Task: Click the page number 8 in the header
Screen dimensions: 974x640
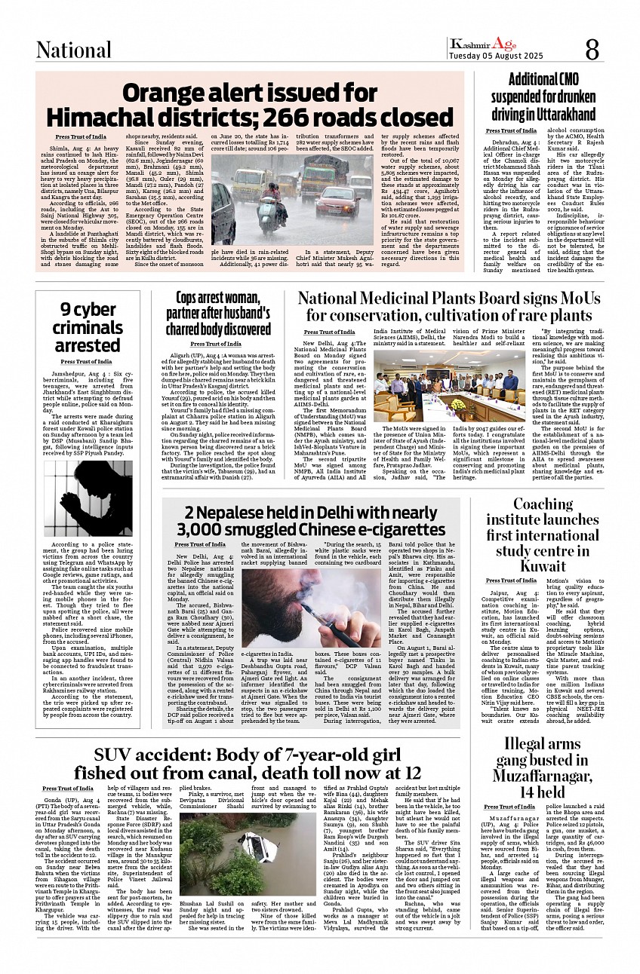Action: click(592, 50)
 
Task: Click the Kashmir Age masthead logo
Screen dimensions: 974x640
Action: click(483, 44)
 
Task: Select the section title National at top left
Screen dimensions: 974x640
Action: click(74, 51)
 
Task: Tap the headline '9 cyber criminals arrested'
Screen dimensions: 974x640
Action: click(88, 327)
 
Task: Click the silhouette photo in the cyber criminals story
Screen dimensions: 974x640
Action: click(88, 498)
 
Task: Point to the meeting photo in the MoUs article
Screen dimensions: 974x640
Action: click(446, 387)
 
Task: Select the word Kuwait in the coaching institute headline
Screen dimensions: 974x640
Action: click(543, 565)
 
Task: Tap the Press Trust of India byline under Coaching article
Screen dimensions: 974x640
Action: click(511, 580)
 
